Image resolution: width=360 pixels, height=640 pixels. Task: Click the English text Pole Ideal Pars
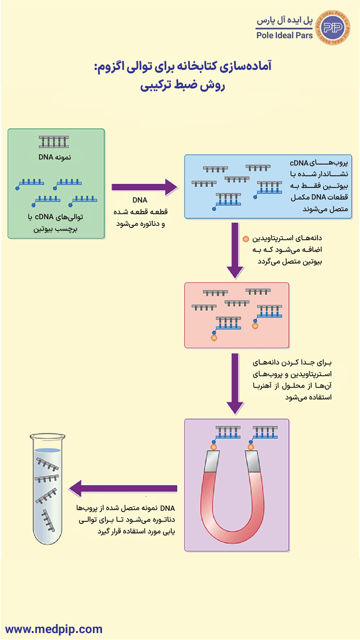point(284,35)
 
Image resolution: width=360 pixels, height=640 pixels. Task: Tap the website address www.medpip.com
point(54,629)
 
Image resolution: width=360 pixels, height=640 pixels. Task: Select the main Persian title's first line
point(180,67)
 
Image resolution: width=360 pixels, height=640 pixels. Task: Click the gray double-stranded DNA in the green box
point(54,142)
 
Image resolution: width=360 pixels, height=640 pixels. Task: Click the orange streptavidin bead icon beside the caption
point(245,239)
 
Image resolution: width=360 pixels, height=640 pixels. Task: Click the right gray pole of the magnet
point(254,462)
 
